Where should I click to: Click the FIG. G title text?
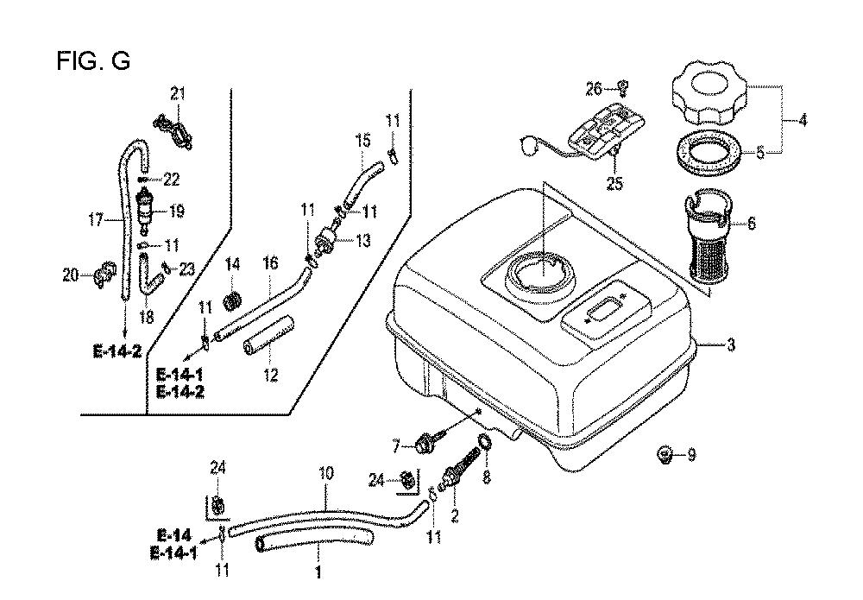[x=93, y=60]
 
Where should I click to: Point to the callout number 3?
[x=731, y=346]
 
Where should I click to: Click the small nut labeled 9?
[x=665, y=453]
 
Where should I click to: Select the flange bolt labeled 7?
[x=425, y=445]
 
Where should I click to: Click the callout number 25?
[x=615, y=183]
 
